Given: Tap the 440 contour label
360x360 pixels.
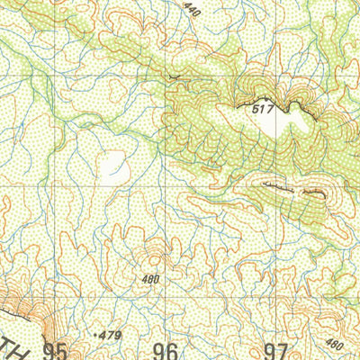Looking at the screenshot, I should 191,10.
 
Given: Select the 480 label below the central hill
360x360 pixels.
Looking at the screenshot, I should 150,279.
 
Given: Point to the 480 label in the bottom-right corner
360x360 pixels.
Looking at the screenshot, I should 333,343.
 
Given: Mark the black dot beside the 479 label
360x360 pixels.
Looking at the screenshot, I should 95,334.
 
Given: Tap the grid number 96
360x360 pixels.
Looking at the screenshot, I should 166,350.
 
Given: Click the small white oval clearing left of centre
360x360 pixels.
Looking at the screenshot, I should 114,165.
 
